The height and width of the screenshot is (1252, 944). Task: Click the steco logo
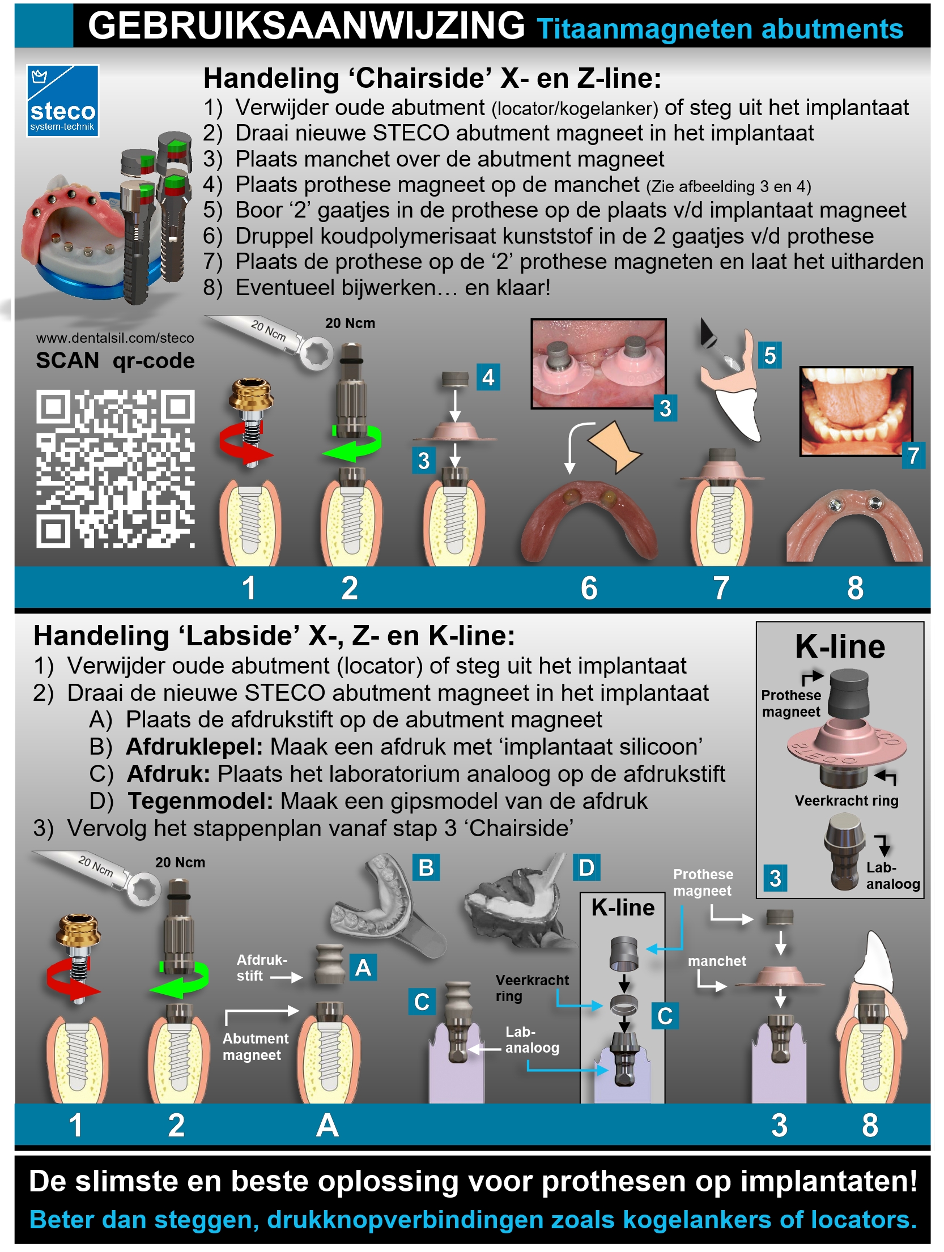(x=62, y=101)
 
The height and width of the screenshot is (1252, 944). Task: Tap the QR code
(x=116, y=469)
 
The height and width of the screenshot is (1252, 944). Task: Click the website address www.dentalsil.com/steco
(x=115, y=338)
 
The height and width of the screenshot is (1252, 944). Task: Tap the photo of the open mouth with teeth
(x=856, y=411)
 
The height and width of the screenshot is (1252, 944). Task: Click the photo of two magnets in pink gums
(x=598, y=363)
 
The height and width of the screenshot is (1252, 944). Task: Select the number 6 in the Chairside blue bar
(x=589, y=588)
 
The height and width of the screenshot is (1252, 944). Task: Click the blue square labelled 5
(x=770, y=355)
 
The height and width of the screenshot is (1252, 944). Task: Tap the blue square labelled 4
(x=488, y=377)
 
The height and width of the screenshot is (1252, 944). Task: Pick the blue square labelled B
(x=426, y=867)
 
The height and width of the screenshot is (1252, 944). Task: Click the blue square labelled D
(x=586, y=867)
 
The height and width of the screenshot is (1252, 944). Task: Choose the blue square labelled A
(x=363, y=968)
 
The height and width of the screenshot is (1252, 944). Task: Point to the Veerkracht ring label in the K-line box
(x=847, y=800)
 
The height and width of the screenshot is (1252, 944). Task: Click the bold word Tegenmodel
(x=200, y=801)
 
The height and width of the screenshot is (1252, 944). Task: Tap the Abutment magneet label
(x=255, y=1046)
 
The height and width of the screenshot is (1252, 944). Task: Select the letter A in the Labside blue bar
(x=328, y=1125)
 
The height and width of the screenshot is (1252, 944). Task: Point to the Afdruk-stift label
(x=261, y=968)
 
